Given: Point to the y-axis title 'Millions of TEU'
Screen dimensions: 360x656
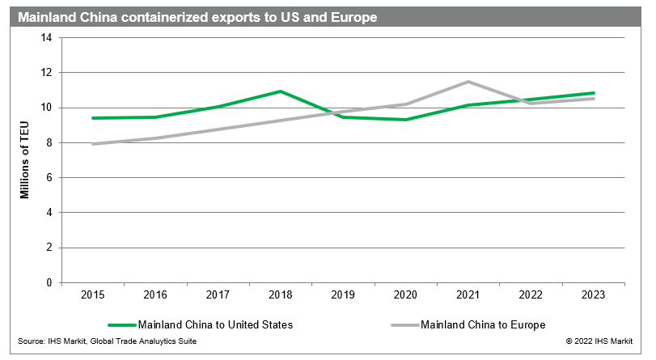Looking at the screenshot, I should (x=25, y=159).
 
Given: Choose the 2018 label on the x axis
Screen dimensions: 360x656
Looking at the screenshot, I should (x=281, y=295).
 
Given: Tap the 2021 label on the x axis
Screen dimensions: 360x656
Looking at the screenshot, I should (x=468, y=295).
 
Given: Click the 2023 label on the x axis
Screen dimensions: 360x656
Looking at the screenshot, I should (x=594, y=295).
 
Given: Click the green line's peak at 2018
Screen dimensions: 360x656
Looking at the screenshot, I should (x=281, y=91).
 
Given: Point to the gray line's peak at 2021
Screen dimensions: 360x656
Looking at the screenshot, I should (x=468, y=82).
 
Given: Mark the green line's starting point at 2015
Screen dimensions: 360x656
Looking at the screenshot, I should (x=93, y=118).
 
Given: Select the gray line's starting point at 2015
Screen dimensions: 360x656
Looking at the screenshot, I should (x=93, y=144).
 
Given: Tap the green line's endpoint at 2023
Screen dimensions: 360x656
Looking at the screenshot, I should (x=594, y=93).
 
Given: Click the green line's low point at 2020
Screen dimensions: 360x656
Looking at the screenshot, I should (x=406, y=120).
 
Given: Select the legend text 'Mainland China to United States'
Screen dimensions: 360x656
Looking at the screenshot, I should (x=215, y=324).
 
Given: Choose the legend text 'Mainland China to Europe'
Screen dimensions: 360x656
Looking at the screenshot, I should (x=484, y=324).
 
